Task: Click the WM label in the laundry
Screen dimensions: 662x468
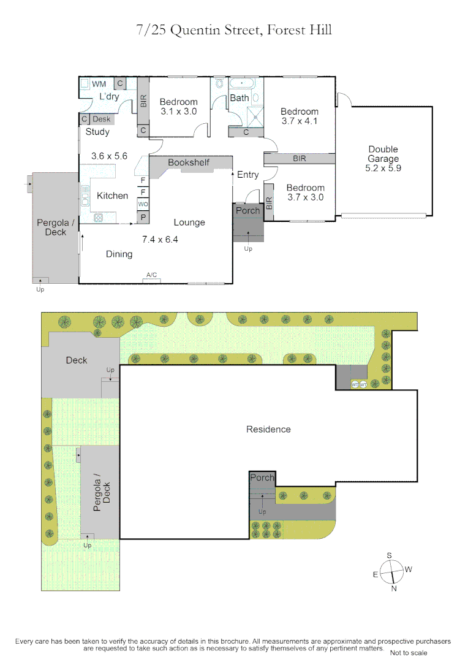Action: click(x=99, y=84)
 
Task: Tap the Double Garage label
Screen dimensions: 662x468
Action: click(x=383, y=158)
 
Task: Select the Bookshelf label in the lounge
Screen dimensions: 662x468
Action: click(x=189, y=162)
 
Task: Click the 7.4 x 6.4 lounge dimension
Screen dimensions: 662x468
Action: click(x=160, y=240)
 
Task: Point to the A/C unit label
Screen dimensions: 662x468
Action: click(x=152, y=275)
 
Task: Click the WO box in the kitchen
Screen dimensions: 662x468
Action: click(x=143, y=204)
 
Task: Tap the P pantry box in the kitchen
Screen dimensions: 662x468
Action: click(x=143, y=217)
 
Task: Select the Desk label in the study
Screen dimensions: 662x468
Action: click(x=102, y=119)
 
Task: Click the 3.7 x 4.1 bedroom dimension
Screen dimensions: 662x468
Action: click(x=300, y=121)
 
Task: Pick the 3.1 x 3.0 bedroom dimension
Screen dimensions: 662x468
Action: click(x=179, y=112)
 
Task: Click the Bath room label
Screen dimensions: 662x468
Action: click(x=240, y=98)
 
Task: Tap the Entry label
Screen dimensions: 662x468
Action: click(x=248, y=175)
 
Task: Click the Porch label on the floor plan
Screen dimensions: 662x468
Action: click(x=248, y=210)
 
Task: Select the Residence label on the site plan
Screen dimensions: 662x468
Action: click(x=268, y=429)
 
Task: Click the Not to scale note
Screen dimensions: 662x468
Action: click(x=409, y=653)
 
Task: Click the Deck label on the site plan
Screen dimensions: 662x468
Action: click(x=77, y=360)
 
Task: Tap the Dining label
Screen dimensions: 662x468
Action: click(x=119, y=254)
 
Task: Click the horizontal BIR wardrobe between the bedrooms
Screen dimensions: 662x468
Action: click(x=300, y=159)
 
